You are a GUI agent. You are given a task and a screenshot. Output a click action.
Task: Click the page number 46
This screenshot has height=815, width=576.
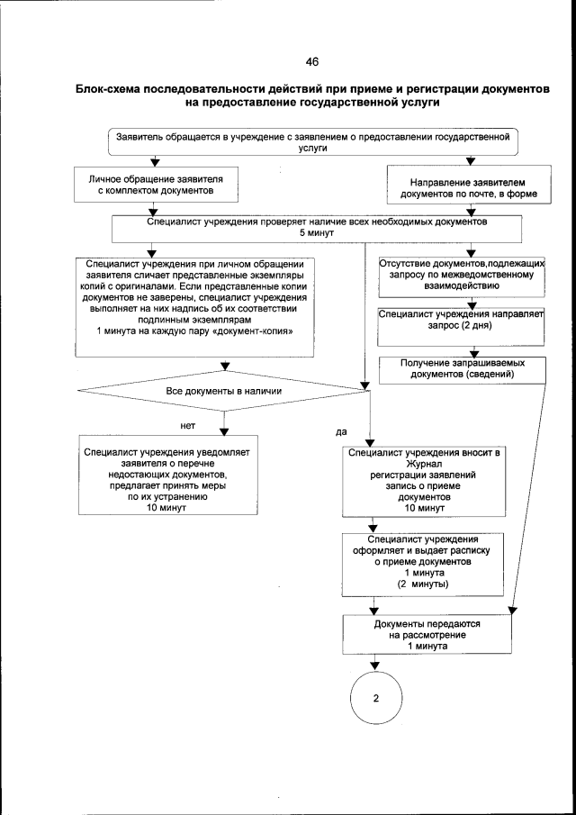(311, 62)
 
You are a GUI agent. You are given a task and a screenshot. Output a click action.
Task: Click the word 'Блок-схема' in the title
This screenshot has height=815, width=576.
(111, 91)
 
